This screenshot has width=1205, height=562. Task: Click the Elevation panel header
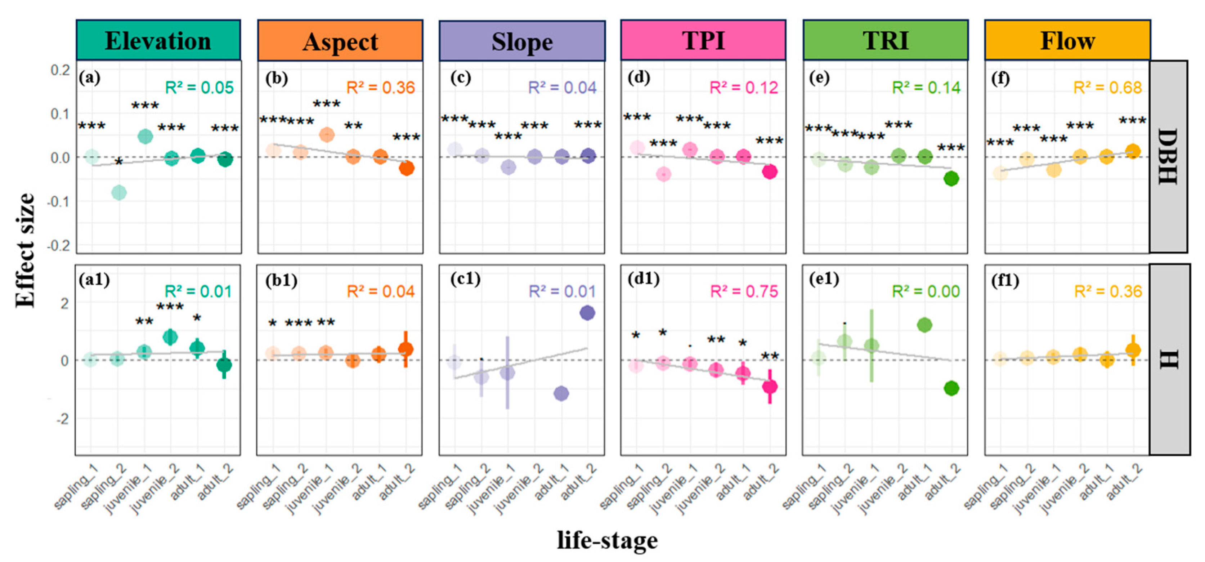click(x=158, y=41)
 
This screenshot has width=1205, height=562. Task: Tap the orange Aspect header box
click(x=340, y=41)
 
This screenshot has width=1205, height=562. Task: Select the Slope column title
click(x=522, y=41)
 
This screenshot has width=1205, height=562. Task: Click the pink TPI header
click(x=703, y=41)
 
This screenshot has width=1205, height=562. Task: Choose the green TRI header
click(x=886, y=41)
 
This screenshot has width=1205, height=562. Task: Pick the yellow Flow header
click(x=1067, y=41)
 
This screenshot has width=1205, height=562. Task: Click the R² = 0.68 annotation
click(x=1107, y=88)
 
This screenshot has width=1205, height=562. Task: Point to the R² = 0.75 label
click(x=744, y=291)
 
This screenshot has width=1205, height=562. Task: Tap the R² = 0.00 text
click(x=926, y=291)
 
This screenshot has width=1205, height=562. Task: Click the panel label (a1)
click(x=94, y=280)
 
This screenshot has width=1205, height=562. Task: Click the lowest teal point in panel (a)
click(x=119, y=192)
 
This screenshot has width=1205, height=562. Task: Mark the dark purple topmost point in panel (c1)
click(x=587, y=313)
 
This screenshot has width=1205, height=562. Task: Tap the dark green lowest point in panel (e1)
click(x=951, y=388)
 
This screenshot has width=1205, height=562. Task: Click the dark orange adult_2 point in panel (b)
click(x=407, y=168)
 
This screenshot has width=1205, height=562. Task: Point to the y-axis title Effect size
click(x=25, y=250)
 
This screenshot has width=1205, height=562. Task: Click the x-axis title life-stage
click(x=607, y=540)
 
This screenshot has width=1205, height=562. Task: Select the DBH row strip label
click(x=1168, y=156)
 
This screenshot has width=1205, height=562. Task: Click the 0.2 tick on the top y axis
click(x=61, y=70)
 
